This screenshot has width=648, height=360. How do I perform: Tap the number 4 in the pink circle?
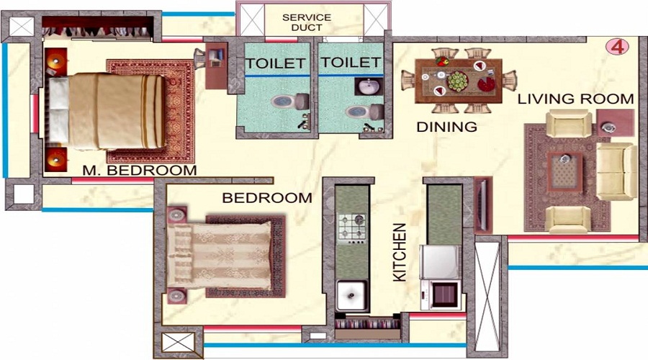coord(617,47)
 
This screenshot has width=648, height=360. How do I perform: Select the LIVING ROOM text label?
coord(575,99)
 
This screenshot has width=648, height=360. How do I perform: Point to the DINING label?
coord(446,127)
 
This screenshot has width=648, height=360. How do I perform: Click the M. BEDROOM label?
coord(140,171)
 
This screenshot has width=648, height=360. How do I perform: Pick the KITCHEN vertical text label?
coord(400,252)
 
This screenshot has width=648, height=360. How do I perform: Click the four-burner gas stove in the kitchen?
coord(353,226)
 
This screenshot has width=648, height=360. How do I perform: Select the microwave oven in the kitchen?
coord(440,294)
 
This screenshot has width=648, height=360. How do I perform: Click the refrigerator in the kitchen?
coord(441,261)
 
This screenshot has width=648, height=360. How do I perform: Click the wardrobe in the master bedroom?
coord(98,28)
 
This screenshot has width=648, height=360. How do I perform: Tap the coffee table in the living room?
coord(566,171)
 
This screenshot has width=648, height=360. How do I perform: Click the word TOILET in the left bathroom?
coord(275,63)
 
